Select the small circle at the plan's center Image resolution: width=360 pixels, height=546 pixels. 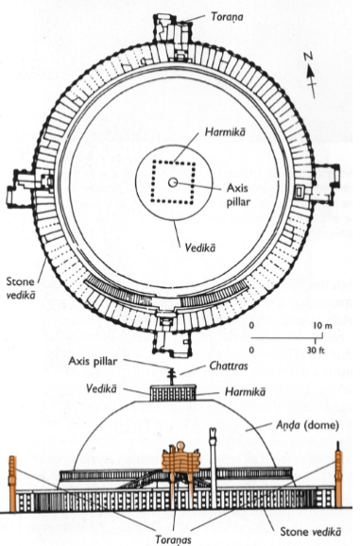pyautogui.click(x=172, y=180)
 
